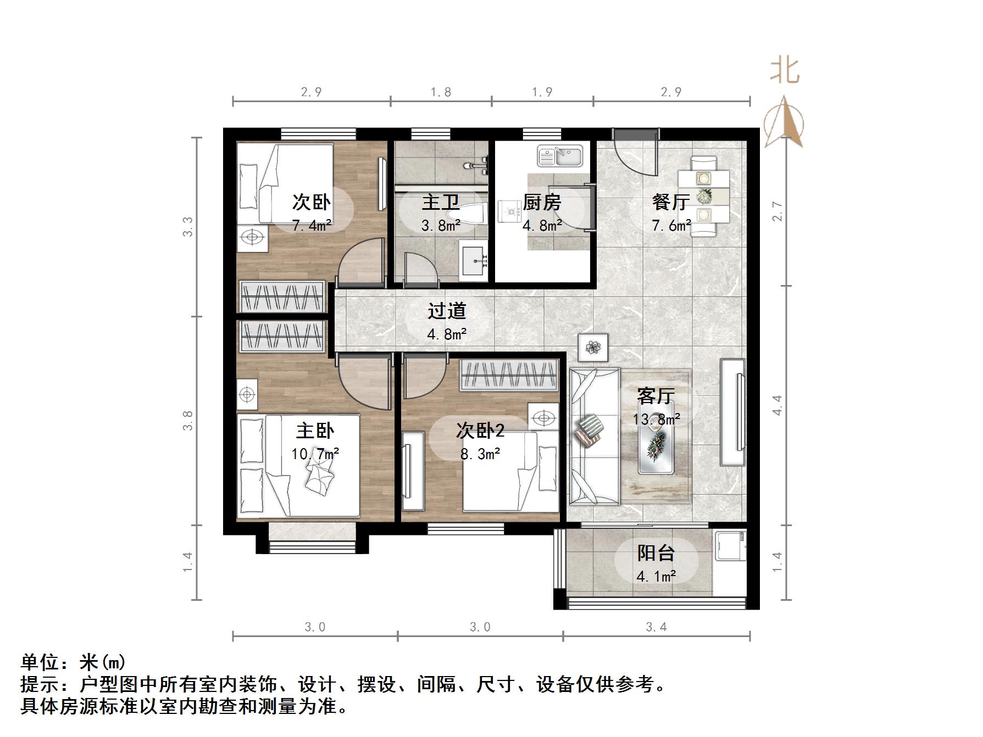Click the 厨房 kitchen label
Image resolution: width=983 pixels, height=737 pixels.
pyautogui.click(x=542, y=203)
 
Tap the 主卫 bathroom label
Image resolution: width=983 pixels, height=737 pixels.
pyautogui.click(x=441, y=203)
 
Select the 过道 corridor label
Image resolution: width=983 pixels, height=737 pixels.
pyautogui.click(x=447, y=311)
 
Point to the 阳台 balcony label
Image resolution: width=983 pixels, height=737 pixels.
pyautogui.click(x=656, y=553)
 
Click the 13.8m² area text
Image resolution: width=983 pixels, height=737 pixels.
pyautogui.click(x=656, y=420)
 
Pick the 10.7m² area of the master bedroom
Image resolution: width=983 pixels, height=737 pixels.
pyautogui.click(x=315, y=454)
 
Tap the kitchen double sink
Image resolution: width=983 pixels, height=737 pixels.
pyautogui.click(x=559, y=155)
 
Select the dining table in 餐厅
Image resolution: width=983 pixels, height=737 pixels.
pyautogui.click(x=703, y=196)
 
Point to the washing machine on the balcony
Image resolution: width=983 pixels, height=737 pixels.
pyautogui.click(x=730, y=545)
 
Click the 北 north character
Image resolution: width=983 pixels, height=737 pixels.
pyautogui.click(x=784, y=71)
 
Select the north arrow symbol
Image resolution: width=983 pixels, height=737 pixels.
pyautogui.click(x=784, y=122)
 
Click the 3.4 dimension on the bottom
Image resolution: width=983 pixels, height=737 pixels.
pyautogui.click(x=656, y=627)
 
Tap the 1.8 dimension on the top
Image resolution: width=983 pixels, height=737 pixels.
pyautogui.click(x=441, y=92)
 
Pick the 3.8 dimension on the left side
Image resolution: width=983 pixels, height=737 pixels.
pyautogui.click(x=188, y=420)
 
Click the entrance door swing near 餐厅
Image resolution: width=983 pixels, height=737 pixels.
pyautogui.click(x=635, y=153)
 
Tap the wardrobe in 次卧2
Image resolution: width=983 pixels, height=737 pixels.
pyautogui.click(x=509, y=375)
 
